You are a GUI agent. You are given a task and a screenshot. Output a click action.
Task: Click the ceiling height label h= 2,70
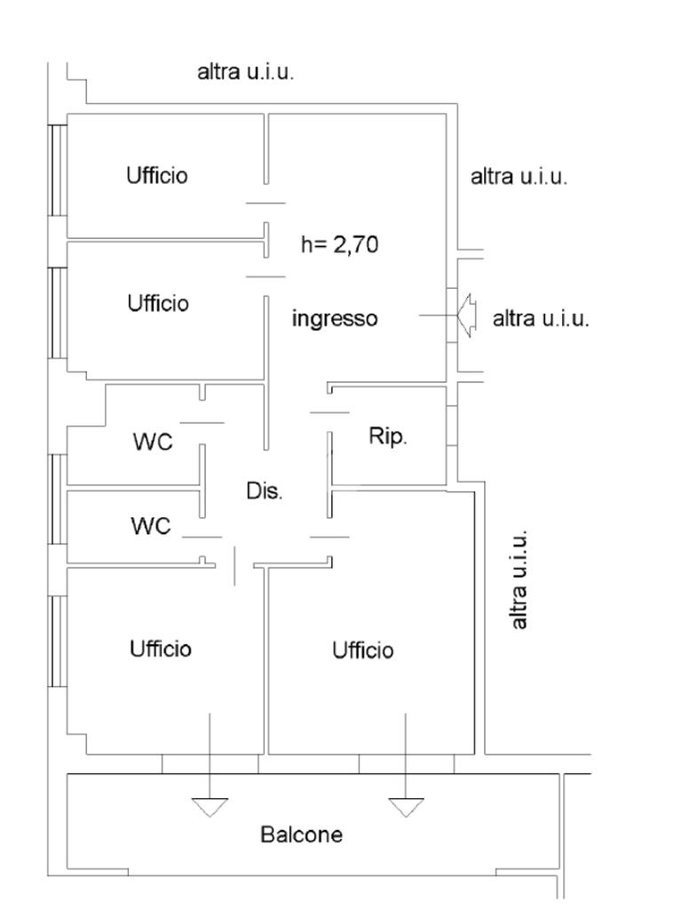pyautogui.click(x=339, y=244)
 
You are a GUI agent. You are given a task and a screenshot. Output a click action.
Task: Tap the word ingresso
pyautogui.click(x=335, y=318)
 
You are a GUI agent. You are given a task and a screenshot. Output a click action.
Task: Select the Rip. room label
pyautogui.click(x=388, y=436)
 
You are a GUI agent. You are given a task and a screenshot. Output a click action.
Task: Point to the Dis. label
pyautogui.click(x=265, y=491)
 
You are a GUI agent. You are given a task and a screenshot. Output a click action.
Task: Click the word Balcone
pyautogui.click(x=301, y=835)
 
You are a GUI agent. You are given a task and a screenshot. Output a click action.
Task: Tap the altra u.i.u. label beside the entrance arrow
pyautogui.click(x=541, y=318)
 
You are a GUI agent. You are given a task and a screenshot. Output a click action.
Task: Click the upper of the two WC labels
pyautogui.click(x=152, y=442)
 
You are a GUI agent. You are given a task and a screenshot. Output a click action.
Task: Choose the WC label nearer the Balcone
pyautogui.click(x=150, y=526)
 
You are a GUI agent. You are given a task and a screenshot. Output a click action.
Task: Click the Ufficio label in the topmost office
pyautogui.click(x=157, y=175)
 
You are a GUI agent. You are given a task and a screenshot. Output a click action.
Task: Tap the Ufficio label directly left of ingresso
pyautogui.click(x=158, y=303)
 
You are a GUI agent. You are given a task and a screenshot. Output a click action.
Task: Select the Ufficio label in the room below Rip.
pyautogui.click(x=362, y=651)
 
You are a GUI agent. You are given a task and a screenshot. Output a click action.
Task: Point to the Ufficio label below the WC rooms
pyautogui.click(x=160, y=648)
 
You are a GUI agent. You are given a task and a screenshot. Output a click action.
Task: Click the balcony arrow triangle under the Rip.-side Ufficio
pyautogui.click(x=406, y=807)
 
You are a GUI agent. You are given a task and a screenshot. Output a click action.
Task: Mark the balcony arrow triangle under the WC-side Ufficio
pyautogui.click(x=210, y=807)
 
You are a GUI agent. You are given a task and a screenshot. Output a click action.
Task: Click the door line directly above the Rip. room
pyautogui.click(x=329, y=412)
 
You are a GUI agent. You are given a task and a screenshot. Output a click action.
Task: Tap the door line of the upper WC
pyautogui.click(x=202, y=422)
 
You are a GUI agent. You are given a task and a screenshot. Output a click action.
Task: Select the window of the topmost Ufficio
pyautogui.click(x=58, y=170)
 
